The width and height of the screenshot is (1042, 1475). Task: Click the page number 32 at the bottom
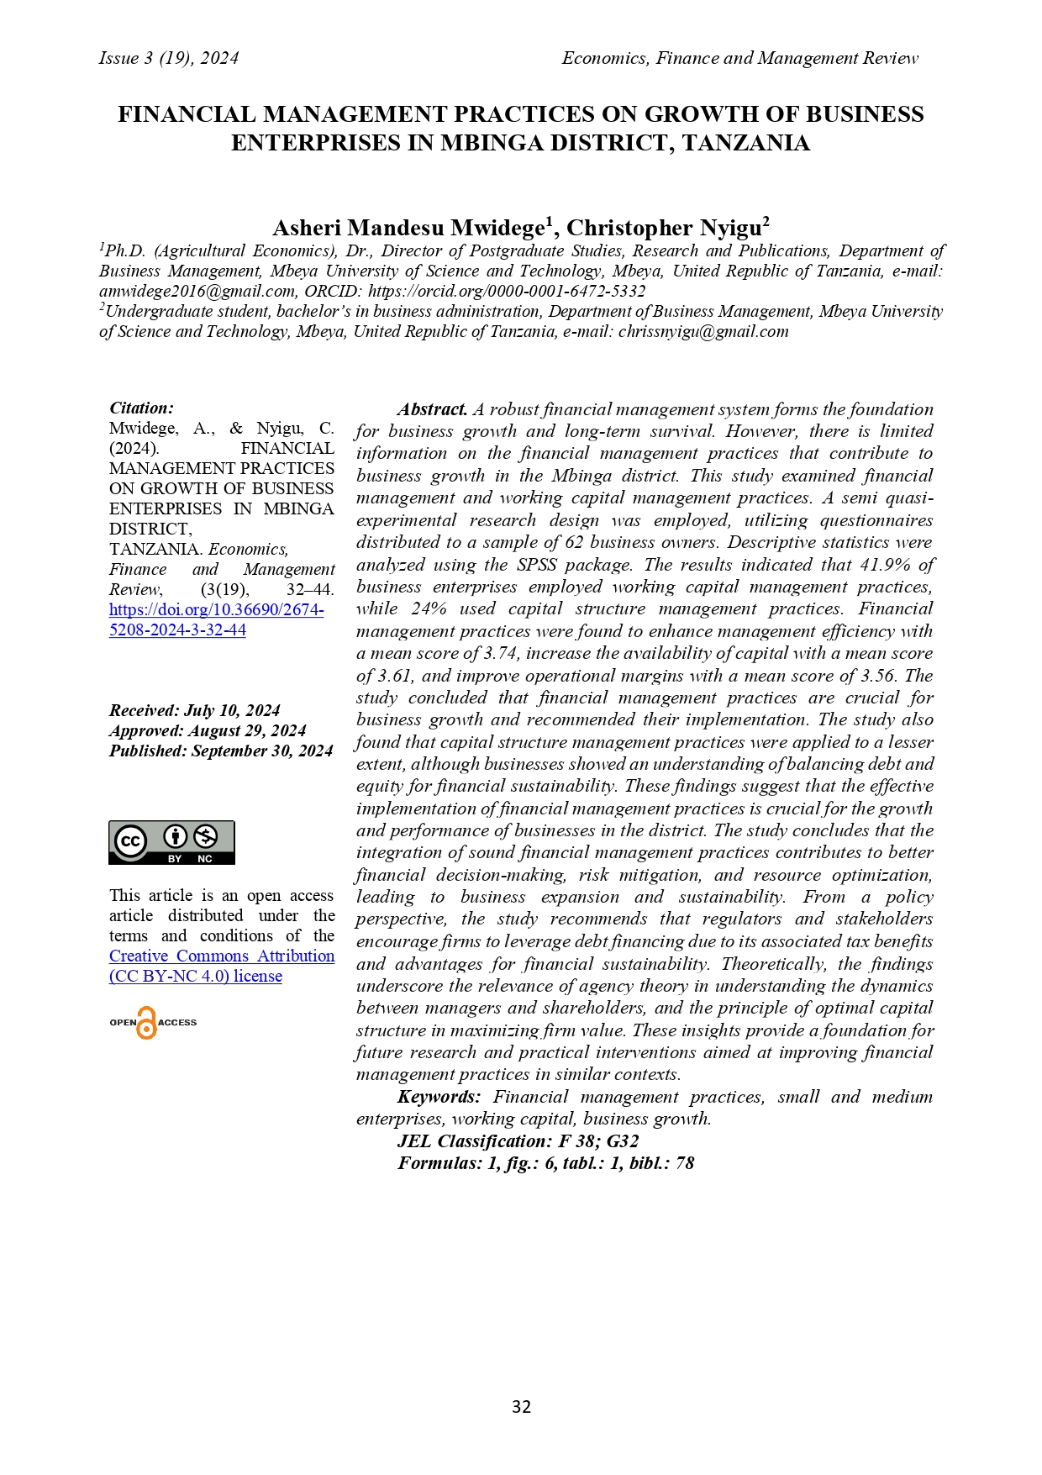(x=521, y=1407)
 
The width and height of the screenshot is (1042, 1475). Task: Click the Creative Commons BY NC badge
(x=171, y=842)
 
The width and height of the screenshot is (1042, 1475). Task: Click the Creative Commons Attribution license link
(x=222, y=966)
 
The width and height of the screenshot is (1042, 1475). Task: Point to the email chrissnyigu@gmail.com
(x=703, y=331)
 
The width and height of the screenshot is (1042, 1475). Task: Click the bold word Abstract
(x=432, y=409)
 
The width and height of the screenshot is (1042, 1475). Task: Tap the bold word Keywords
(x=439, y=1097)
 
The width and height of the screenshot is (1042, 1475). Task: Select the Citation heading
(x=141, y=408)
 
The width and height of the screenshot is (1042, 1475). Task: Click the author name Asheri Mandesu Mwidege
(x=409, y=229)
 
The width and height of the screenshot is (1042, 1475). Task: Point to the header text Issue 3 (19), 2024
(x=169, y=58)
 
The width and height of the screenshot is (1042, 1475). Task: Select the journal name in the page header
(x=739, y=58)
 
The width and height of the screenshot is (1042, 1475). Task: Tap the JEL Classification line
(x=518, y=1141)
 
